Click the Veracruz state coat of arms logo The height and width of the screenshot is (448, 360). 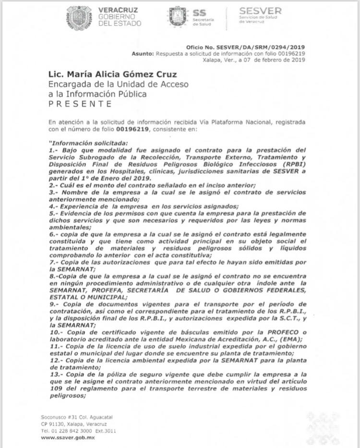pos(79,18)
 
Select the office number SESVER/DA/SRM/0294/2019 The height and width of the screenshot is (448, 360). pos(261,47)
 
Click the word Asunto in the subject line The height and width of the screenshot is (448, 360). pos(143,53)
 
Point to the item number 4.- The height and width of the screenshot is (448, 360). pos(54,206)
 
